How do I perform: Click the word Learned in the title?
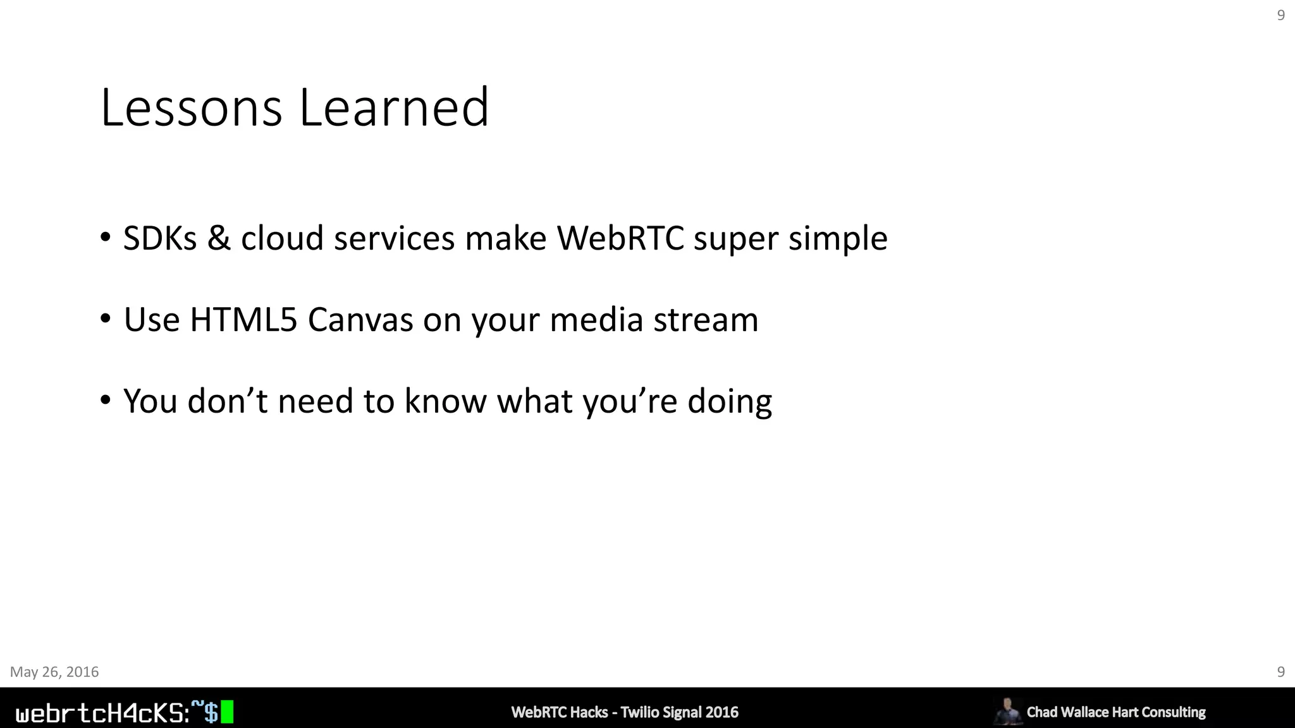(x=393, y=108)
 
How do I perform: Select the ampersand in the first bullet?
(x=219, y=239)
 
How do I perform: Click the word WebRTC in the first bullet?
(x=620, y=239)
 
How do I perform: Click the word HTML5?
(x=243, y=320)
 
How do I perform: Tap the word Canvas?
(x=360, y=320)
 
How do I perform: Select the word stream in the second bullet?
(x=706, y=320)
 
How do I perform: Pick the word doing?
(x=730, y=403)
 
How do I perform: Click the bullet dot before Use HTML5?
(x=106, y=318)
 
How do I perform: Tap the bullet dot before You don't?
(x=106, y=400)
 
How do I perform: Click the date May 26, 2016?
(x=54, y=672)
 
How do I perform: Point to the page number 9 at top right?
(x=1281, y=15)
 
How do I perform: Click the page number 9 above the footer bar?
(x=1281, y=672)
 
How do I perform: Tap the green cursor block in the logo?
(x=227, y=712)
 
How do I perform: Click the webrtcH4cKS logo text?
(x=101, y=713)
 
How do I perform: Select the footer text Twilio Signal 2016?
(x=679, y=712)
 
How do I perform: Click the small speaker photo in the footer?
(x=1007, y=711)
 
